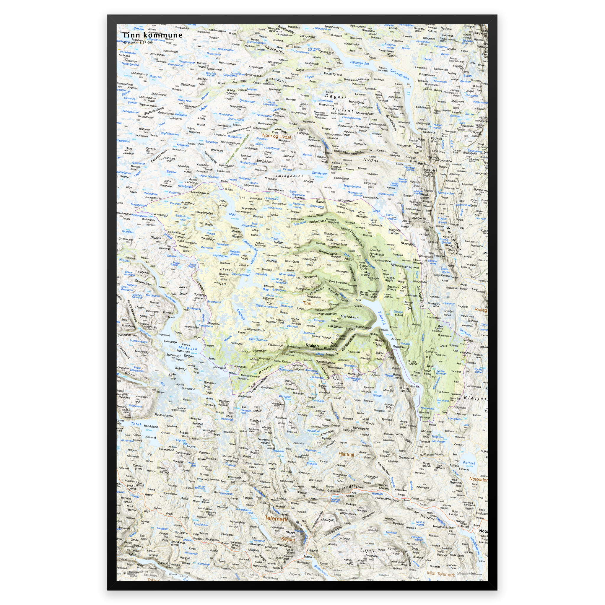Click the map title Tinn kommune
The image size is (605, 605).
coord(152,35)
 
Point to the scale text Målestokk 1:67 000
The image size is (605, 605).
coord(138,43)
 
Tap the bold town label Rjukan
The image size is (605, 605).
coord(312,346)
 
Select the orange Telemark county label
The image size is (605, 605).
coord(276,518)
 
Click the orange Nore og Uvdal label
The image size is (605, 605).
coord(276,136)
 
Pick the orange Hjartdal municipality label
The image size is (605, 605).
coord(346,454)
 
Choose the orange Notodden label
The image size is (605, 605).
coord(478,479)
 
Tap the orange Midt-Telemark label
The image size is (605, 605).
coord(441,574)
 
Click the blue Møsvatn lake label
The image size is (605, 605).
coord(188,349)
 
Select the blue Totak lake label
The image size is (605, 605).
coord(136,424)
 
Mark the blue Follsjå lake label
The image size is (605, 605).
coord(469,463)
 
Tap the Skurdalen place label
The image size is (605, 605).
coord(274,49)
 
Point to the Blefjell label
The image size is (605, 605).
coord(475,398)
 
